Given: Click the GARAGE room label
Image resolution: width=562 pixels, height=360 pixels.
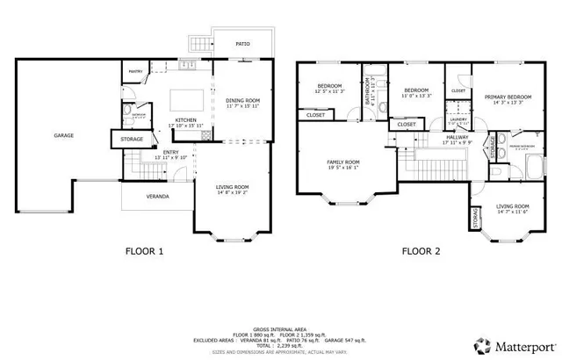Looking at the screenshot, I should (63, 135).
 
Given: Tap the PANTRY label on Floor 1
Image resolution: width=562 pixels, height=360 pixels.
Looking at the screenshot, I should (136, 72).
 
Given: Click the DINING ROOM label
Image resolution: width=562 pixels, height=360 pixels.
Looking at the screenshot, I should (241, 99).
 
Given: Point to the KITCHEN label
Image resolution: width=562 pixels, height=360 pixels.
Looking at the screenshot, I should (184, 120).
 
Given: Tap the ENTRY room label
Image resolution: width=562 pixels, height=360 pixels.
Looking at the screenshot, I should (171, 153).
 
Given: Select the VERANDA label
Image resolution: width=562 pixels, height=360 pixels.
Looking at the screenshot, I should (157, 196).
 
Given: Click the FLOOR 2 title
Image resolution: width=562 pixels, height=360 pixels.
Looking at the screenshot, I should (422, 251).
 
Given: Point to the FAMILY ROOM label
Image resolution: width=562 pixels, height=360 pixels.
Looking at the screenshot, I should (343, 162).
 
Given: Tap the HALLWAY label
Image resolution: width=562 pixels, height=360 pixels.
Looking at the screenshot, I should (457, 137).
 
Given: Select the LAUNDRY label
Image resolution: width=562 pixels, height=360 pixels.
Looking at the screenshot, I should (458, 119).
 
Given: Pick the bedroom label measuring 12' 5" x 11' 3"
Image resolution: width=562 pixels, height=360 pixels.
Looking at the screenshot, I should (329, 90).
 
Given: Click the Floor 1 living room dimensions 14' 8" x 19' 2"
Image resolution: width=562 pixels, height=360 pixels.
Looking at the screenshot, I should (234, 192).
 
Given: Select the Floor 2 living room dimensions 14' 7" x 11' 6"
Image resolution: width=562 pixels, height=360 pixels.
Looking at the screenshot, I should (513, 212).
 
